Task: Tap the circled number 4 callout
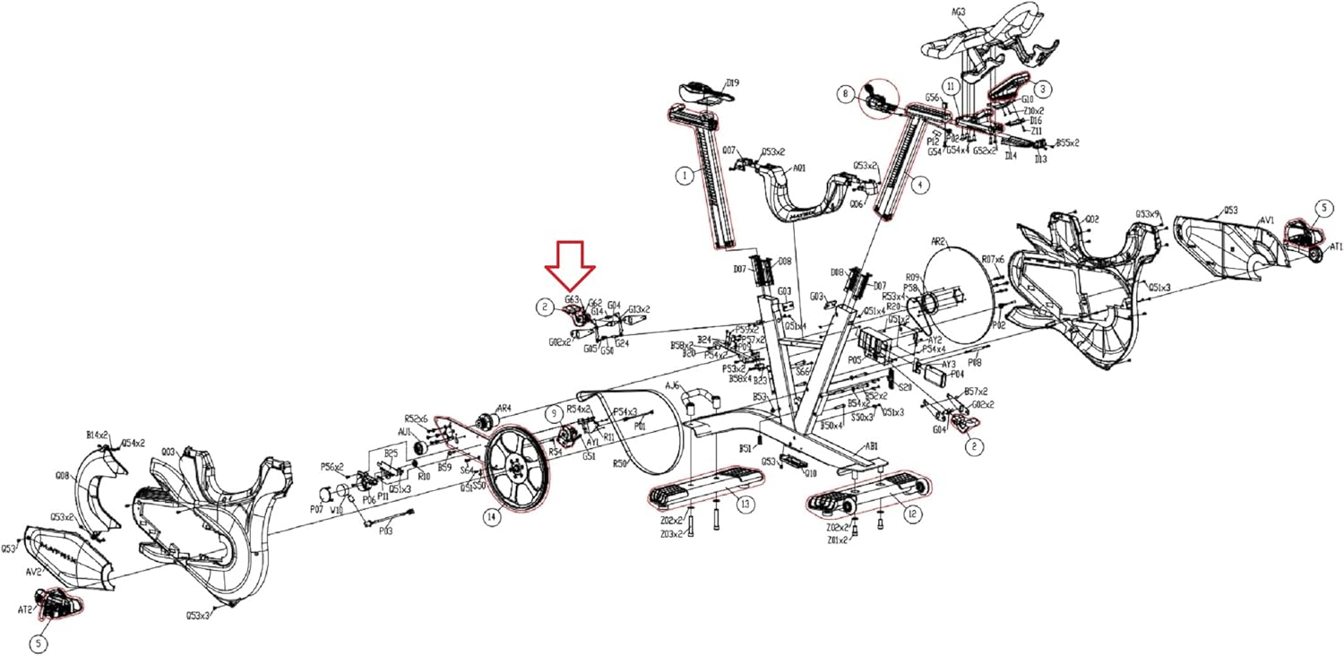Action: (921, 184)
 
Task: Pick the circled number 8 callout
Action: (844, 92)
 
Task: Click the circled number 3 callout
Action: (1044, 89)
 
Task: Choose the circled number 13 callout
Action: (745, 504)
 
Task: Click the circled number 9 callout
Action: (555, 412)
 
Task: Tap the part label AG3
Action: (958, 13)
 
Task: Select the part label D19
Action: (733, 83)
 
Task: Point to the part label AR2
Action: (938, 242)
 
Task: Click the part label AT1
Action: (1336, 246)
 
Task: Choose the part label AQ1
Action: (799, 168)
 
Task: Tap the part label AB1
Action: (870, 445)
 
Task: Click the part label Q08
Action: (62, 476)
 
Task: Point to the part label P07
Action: (315, 508)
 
